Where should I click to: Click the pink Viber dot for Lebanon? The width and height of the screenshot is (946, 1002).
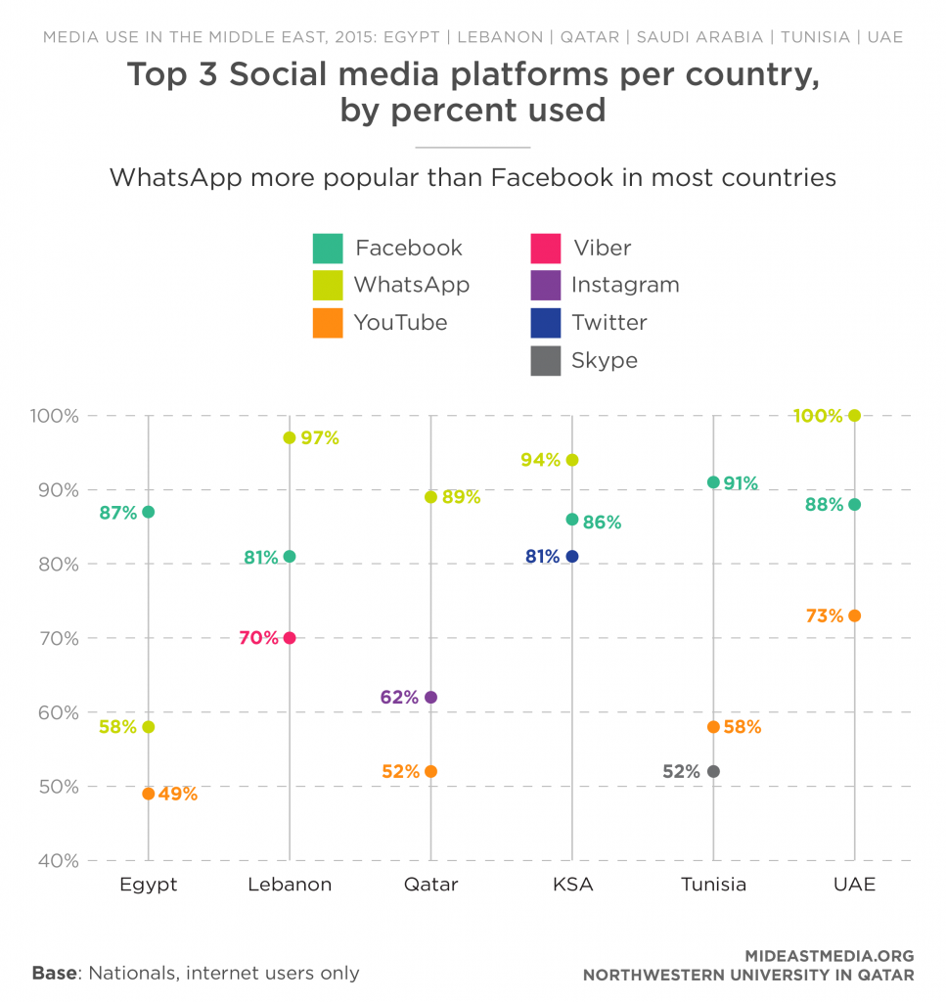(x=290, y=638)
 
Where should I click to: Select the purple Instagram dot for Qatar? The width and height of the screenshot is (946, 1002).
(x=430, y=698)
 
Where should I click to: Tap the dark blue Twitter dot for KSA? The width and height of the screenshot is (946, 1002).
(x=572, y=557)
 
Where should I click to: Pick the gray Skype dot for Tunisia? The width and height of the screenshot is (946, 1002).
(x=713, y=771)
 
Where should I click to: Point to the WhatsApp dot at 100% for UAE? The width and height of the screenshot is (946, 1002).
(x=855, y=416)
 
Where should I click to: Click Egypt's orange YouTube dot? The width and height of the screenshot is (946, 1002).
(x=149, y=794)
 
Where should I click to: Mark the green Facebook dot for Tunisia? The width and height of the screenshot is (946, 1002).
(x=713, y=482)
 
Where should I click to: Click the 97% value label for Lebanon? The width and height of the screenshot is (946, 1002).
(x=320, y=438)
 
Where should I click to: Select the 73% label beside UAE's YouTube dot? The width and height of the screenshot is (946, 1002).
(x=825, y=615)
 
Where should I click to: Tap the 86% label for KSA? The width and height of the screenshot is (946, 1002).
(x=602, y=523)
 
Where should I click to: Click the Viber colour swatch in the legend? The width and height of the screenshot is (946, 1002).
(x=545, y=249)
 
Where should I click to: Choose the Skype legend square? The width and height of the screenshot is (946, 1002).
(x=545, y=361)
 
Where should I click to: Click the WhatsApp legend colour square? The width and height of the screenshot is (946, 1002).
(x=328, y=286)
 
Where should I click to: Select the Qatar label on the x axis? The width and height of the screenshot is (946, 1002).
(x=430, y=885)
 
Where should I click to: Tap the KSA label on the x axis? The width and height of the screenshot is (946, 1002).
(x=572, y=885)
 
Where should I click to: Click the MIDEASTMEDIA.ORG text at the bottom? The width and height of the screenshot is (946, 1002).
(x=829, y=956)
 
